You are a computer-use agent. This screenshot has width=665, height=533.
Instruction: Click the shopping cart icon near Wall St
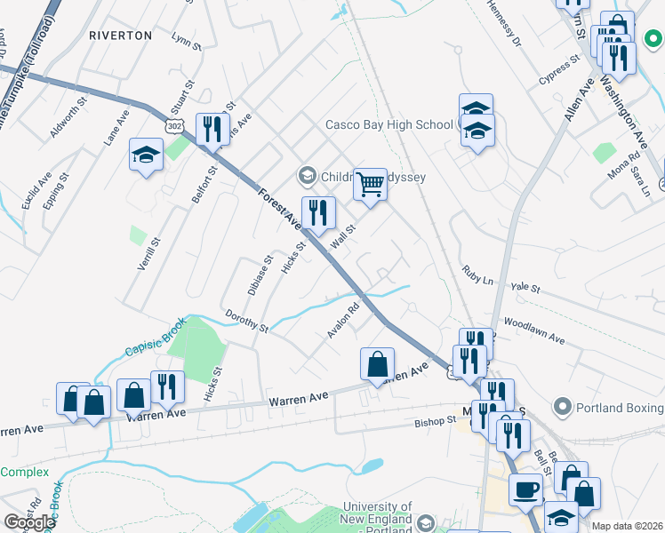pyautogui.click(x=371, y=185)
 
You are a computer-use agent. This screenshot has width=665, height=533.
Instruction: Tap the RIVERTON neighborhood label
pyautogui.click(x=121, y=36)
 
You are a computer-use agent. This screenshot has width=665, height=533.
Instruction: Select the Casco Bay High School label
pyautogui.click(x=389, y=125)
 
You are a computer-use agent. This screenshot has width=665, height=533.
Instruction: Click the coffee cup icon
pyautogui.click(x=525, y=489)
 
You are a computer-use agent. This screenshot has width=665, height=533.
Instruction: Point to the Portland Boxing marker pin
pyautogui.click(x=561, y=408)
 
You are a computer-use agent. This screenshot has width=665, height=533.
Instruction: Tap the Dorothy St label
pyautogui.click(x=246, y=321)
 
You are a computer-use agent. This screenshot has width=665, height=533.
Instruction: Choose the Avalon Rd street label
pyautogui.click(x=341, y=322)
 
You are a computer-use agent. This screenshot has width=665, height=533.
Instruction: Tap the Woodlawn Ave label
pyautogui.click(x=533, y=331)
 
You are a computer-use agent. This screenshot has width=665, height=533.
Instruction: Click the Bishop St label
pyautogui.click(x=435, y=420)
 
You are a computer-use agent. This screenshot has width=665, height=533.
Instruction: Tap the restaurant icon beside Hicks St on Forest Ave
pyautogui.click(x=317, y=212)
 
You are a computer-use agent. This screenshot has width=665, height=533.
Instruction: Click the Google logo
pyautogui.click(x=29, y=522)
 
